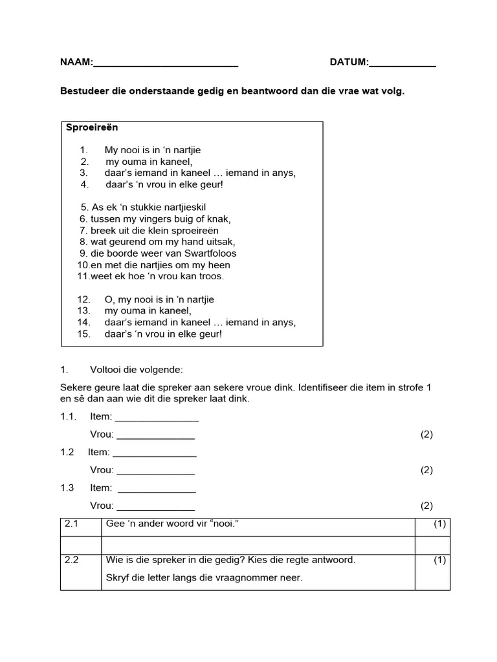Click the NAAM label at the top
(76, 63)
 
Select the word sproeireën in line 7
(189, 231)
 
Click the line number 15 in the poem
(83, 334)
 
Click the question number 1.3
(68, 488)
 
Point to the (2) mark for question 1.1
(426, 434)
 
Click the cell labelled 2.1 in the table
(72, 524)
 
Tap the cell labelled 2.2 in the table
(72, 561)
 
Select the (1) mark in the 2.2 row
(440, 561)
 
